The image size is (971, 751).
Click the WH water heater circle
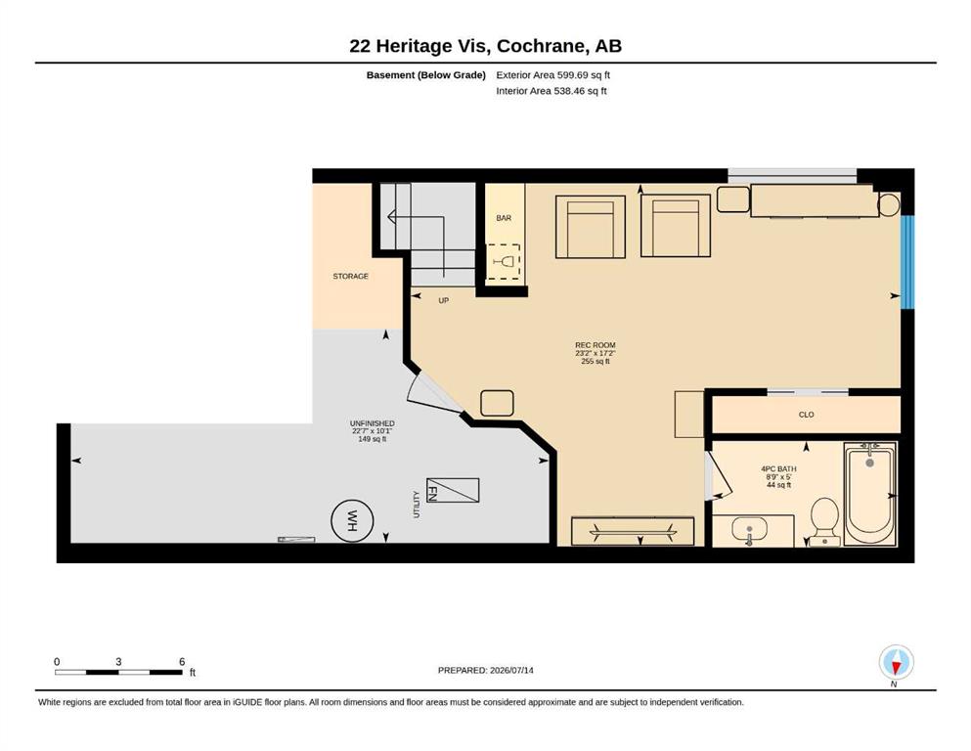pos(352,520)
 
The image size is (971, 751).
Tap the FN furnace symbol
pos(453,490)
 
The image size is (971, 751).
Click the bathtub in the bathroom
pos(870,495)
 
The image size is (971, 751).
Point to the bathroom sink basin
pos(749,531)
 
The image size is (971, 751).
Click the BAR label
pos(504,218)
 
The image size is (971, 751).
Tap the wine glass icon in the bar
pos(505,261)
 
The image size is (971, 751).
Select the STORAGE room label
pos(350,276)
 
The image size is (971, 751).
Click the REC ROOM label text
pos(596,345)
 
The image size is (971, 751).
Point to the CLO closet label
pos(807,415)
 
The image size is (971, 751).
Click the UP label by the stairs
pos(443,300)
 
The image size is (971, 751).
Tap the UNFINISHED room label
pos(373,423)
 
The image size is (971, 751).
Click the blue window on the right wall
pos(907,262)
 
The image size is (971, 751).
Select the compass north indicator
pos(896,663)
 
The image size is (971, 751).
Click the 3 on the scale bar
pos(118,662)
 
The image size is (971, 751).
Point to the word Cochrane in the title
pos(541,46)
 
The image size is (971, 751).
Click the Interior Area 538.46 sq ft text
pos(552,91)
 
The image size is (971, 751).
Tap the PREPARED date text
pos(485,670)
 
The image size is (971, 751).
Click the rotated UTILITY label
pos(417,505)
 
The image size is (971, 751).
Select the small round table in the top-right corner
pos(889,204)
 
